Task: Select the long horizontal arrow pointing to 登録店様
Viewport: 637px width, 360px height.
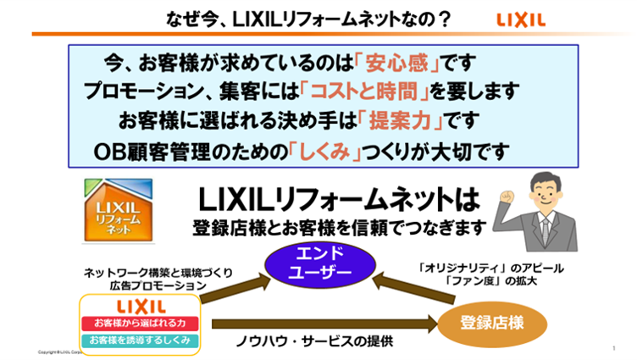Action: click(x=322, y=324)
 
